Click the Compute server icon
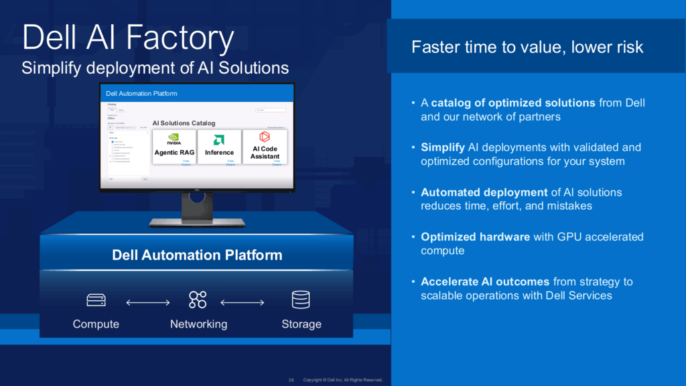pos(96,300)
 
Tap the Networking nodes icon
pos(198,300)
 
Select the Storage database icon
pos(301,300)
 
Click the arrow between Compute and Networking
pos(148,303)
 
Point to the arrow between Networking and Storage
pos(243,303)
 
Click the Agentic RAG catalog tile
pos(174,147)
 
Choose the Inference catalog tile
pos(219,147)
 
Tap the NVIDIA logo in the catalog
pos(174,139)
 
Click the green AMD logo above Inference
pos(219,139)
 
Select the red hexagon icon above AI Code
pos(265,137)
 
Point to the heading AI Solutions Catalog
pos(184,123)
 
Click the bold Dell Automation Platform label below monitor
pos(197,255)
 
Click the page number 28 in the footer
pos(291,380)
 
